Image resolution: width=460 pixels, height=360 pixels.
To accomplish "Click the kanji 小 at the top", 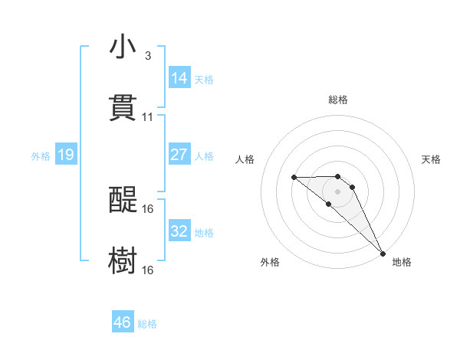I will [123, 47].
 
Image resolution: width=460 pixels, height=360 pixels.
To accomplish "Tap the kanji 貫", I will [123, 108].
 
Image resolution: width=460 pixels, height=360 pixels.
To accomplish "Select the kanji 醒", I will [123, 200].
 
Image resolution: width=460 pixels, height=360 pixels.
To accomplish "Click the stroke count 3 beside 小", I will [147, 56].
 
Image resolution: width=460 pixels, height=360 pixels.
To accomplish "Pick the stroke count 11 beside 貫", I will [148, 117].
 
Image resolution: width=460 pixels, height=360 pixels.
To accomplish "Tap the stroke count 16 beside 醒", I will [148, 208].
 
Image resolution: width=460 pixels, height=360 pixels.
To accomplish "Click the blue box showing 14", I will [179, 78].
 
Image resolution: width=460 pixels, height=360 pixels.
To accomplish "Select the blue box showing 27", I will [179, 155].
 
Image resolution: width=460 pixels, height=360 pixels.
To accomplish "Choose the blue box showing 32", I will [179, 231].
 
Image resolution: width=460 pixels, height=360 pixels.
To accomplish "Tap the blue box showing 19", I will [66, 155].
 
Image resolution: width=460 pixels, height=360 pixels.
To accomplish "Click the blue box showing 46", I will [123, 322].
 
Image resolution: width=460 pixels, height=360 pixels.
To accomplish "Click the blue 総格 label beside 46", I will [147, 324].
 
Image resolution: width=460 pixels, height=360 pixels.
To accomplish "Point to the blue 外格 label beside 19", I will [41, 156].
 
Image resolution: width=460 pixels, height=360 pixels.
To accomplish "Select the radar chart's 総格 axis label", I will [338, 100].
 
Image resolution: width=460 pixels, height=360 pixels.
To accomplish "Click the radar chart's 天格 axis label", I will [432, 159].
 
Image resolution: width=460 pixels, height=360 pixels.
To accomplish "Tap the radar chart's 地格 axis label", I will [402, 263].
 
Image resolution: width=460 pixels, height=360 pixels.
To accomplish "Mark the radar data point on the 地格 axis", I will [383, 253].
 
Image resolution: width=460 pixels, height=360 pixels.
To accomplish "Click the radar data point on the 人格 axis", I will [294, 178].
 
